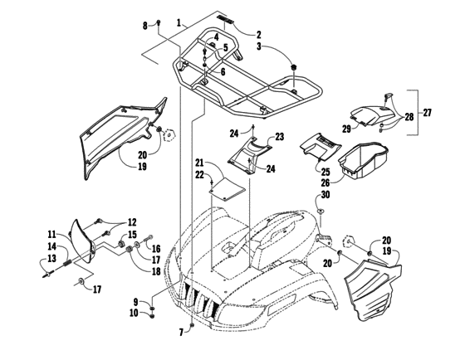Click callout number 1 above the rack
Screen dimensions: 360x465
tap(179, 21)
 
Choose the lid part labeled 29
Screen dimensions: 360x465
tap(371, 107)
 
